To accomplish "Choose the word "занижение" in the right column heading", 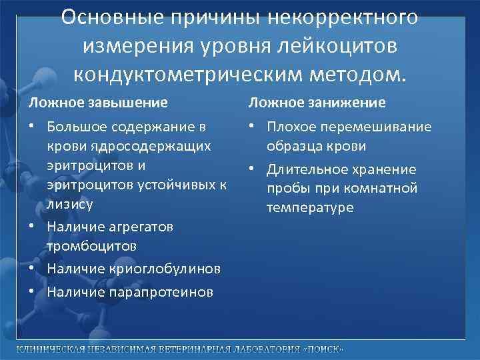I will (349, 103).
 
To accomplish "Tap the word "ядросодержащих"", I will (129, 145).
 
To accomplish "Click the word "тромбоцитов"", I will (91, 246).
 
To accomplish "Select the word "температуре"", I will (310, 208).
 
